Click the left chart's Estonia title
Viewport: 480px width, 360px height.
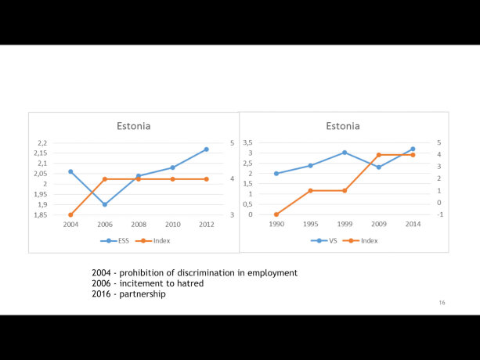click(x=133, y=125)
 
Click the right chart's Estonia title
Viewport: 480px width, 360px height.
click(x=343, y=125)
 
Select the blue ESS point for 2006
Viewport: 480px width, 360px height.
click(x=105, y=204)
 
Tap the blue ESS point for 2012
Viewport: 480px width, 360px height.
click(x=206, y=149)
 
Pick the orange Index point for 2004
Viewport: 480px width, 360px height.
click(x=71, y=214)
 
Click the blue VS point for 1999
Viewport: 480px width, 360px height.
click(x=345, y=153)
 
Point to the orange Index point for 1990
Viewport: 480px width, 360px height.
click(x=276, y=214)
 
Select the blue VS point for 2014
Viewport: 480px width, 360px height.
click(x=413, y=149)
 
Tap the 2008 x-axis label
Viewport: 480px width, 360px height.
click(x=139, y=224)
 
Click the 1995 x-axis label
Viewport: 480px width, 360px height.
click(x=310, y=224)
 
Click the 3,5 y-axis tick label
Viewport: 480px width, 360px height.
click(x=247, y=142)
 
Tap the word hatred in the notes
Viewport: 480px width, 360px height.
click(x=189, y=283)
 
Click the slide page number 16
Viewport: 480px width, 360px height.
click(x=442, y=302)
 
